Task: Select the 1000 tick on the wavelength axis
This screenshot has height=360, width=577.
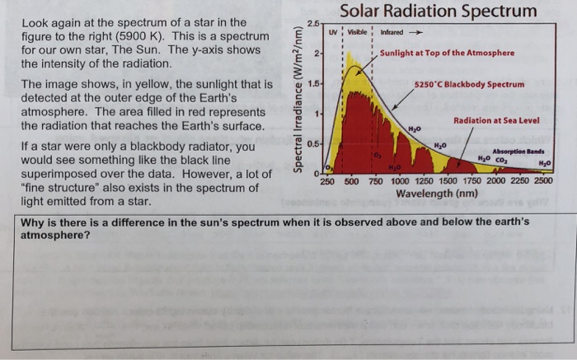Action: click(x=399, y=182)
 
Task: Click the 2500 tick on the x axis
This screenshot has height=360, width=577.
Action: click(x=542, y=182)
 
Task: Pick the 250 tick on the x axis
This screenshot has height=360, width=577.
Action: click(x=326, y=182)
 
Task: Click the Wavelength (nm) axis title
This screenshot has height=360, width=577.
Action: click(x=436, y=194)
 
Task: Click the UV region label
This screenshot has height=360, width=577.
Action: click(x=332, y=34)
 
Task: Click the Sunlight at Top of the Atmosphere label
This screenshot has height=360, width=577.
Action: click(x=447, y=53)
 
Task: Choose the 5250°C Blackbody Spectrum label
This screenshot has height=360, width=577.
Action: click(x=469, y=84)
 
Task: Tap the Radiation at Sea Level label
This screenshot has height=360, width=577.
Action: click(x=496, y=121)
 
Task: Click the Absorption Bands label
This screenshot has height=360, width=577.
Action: click(x=518, y=151)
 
